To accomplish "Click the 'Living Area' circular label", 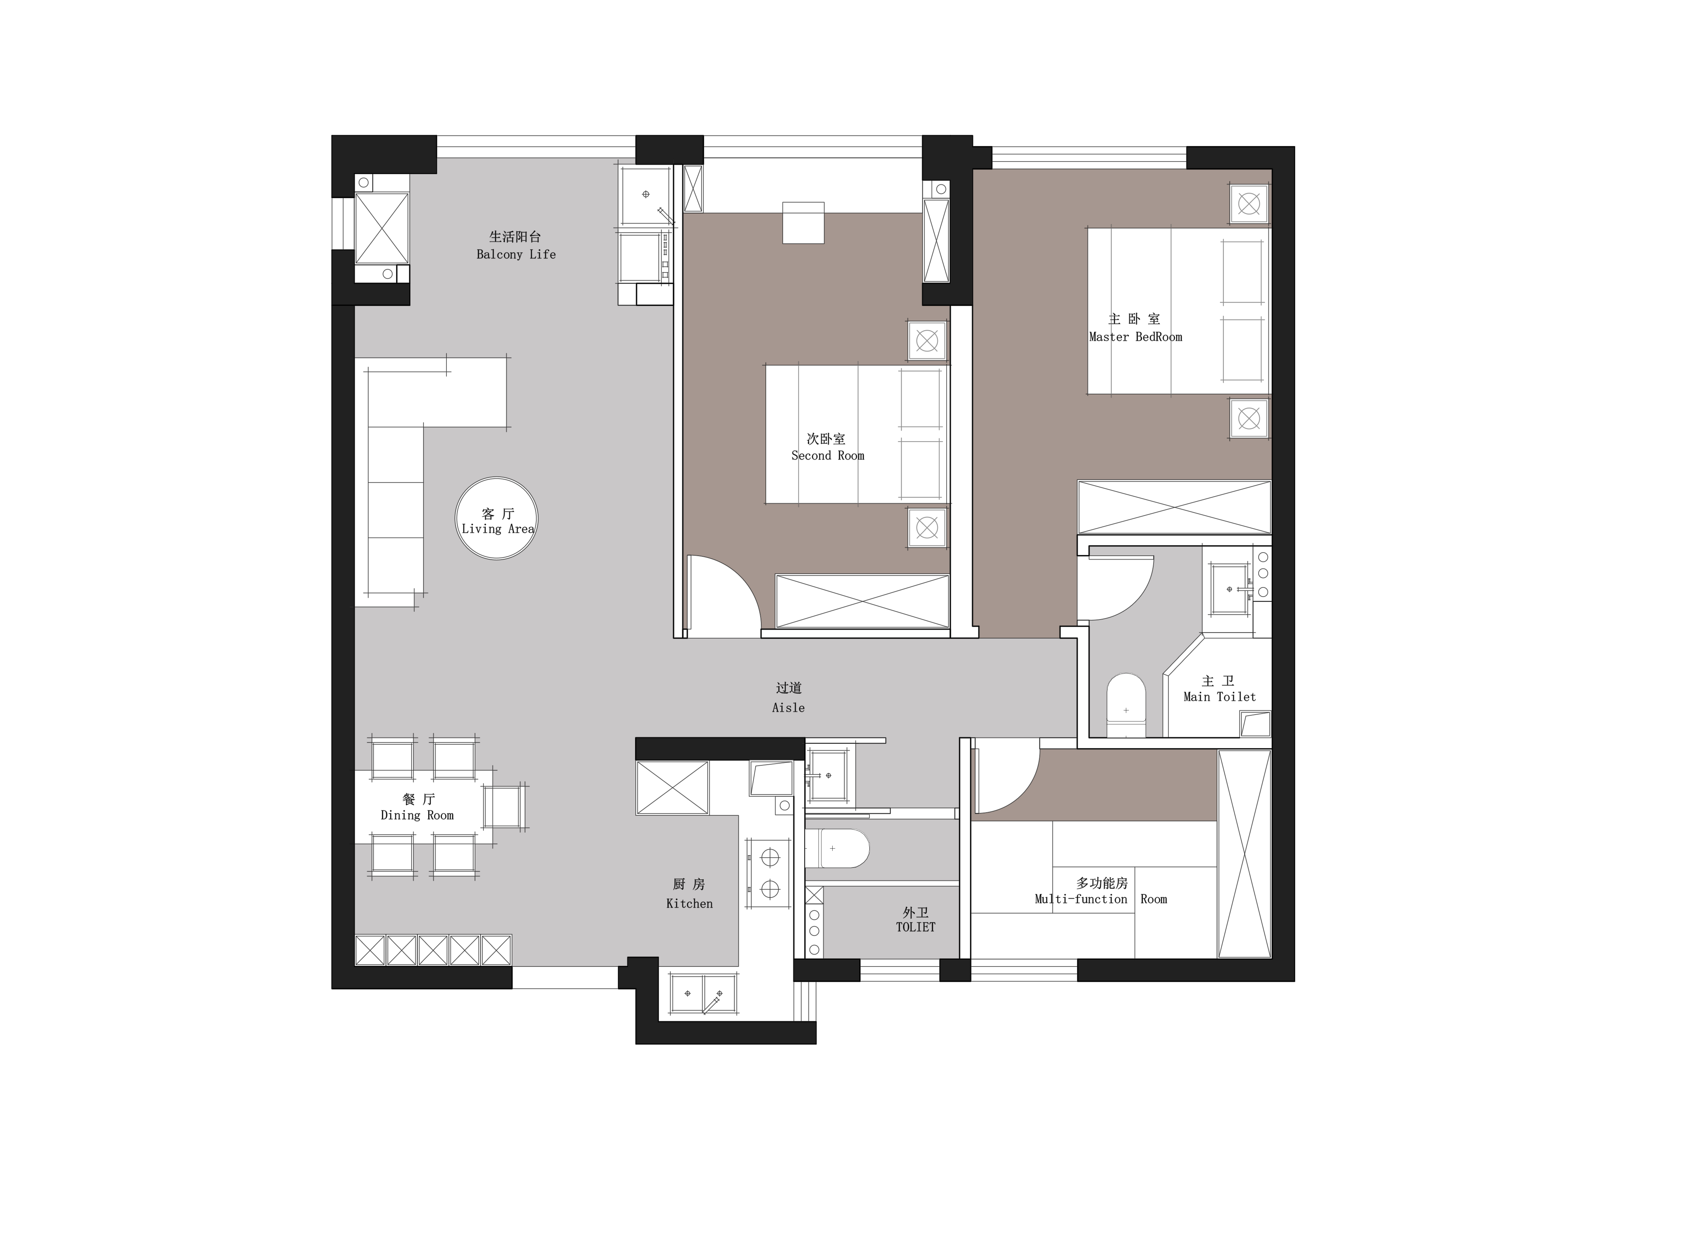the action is point(497,518).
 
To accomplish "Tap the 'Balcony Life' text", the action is point(516,254).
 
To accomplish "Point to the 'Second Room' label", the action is point(827,455).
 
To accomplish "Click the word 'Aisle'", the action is point(789,707).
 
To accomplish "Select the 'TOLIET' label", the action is point(915,927).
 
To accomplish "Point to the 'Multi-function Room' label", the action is point(1101,899).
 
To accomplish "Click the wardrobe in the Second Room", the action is point(863,601).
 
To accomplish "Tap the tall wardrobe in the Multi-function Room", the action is point(1244,853).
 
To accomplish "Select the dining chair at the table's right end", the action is point(505,807).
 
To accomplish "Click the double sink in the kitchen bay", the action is point(703,993).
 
